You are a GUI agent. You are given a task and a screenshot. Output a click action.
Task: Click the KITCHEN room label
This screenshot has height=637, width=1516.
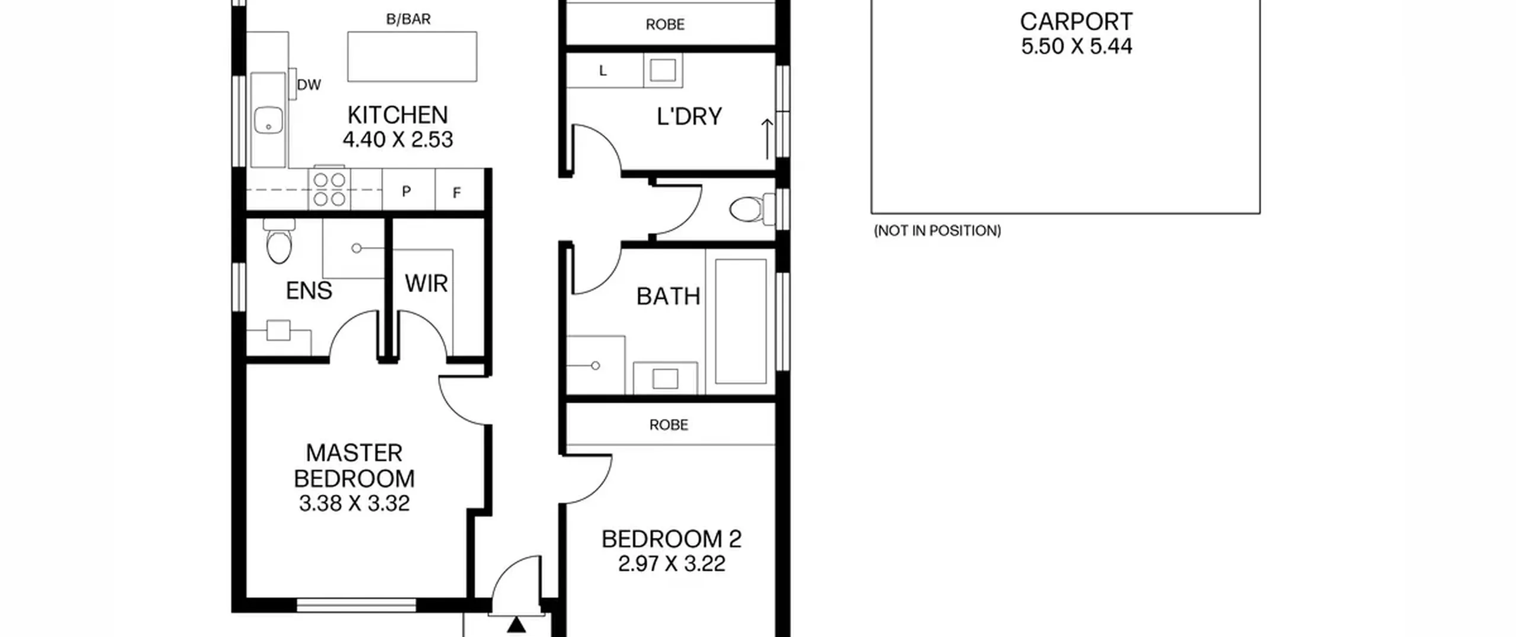click(x=397, y=115)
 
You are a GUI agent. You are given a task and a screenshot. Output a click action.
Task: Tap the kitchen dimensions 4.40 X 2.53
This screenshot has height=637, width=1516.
click(x=397, y=140)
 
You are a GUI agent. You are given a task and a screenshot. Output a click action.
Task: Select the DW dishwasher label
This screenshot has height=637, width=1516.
click(x=309, y=85)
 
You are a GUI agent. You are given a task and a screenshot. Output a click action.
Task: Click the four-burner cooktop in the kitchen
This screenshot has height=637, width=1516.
click(x=329, y=189)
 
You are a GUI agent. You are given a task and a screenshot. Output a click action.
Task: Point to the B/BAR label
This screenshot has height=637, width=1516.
click(x=409, y=20)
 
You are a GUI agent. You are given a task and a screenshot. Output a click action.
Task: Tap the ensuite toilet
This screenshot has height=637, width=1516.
click(x=279, y=241)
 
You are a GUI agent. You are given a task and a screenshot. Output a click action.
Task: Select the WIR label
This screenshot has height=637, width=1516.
click(x=426, y=284)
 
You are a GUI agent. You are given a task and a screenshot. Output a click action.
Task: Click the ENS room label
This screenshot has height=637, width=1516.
click(x=309, y=291)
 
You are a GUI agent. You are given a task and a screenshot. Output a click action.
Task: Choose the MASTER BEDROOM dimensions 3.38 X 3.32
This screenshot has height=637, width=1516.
click(x=354, y=504)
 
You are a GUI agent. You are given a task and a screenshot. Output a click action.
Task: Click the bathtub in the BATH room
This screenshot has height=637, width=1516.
click(x=740, y=321)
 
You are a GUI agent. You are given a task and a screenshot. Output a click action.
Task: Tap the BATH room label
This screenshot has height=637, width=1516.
click(x=668, y=296)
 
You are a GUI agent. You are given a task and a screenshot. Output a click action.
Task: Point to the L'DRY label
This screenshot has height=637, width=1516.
click(x=689, y=117)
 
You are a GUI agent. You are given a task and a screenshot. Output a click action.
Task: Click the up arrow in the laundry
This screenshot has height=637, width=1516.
click(x=767, y=139)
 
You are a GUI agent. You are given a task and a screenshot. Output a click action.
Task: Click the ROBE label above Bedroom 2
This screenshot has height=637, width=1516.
click(x=669, y=425)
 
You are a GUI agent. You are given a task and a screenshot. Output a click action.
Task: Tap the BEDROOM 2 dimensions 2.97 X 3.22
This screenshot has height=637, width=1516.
click(x=672, y=564)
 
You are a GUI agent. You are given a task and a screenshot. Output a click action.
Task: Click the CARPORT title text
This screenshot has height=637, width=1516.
click(x=1076, y=22)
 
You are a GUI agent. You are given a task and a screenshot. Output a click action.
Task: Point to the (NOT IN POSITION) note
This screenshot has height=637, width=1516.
click(x=937, y=231)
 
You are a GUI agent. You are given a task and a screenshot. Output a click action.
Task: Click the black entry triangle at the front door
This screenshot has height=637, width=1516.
click(x=517, y=625)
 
